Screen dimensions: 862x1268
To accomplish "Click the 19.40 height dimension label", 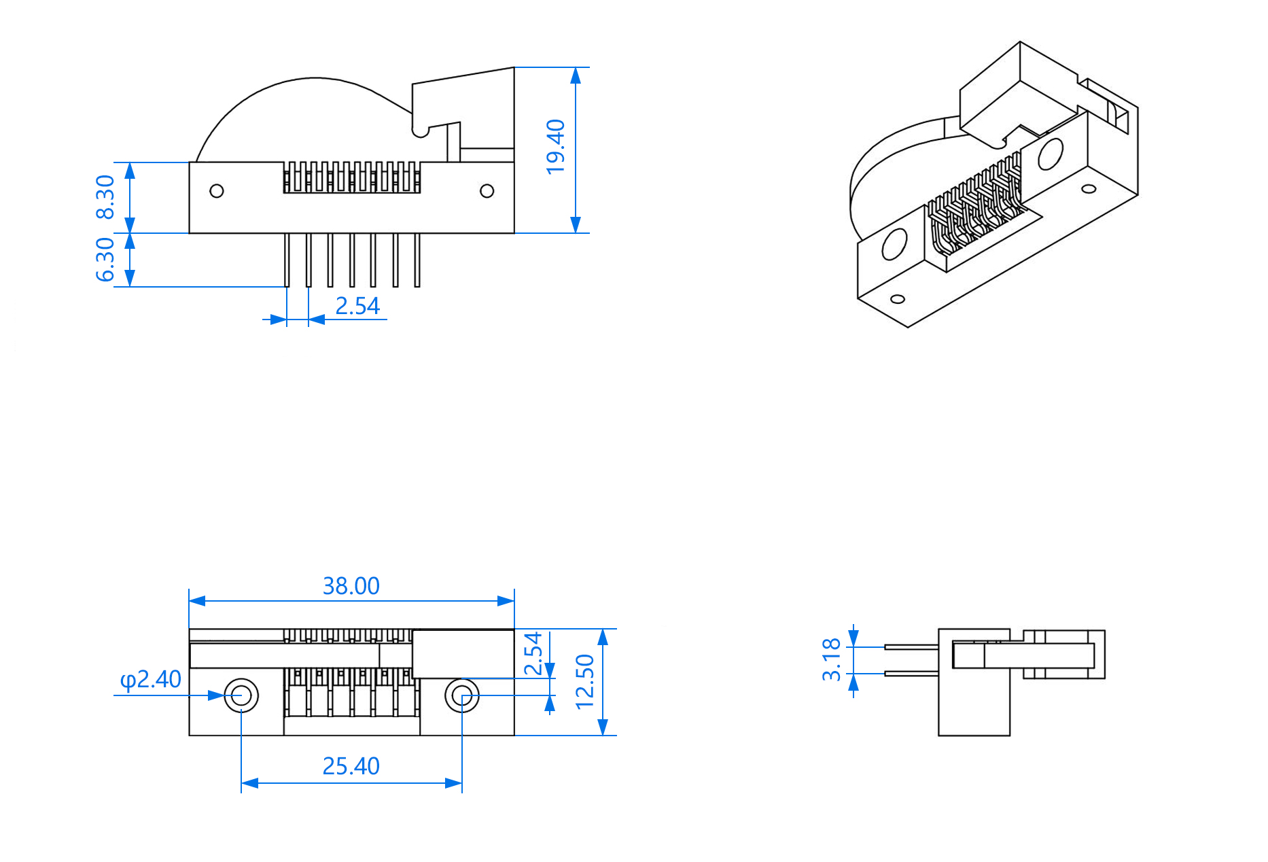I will click(x=555, y=147).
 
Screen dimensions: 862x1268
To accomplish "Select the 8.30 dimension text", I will click(x=105, y=197).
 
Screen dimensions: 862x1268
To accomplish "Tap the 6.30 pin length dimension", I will click(x=105, y=259).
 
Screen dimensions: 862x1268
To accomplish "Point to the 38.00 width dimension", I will click(x=351, y=586).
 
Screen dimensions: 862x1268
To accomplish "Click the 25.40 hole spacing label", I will click(x=351, y=766).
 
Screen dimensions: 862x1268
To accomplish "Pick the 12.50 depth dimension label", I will click(x=584, y=682).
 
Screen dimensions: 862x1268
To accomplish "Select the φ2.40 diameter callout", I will click(x=150, y=679).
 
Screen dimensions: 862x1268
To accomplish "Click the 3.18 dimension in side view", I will click(x=831, y=659).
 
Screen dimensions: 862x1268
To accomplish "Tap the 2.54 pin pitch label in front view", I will click(x=357, y=306).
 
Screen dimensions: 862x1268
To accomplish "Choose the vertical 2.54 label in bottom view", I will click(x=533, y=653).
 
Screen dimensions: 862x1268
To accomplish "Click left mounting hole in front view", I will click(x=217, y=191).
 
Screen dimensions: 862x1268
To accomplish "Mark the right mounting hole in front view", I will click(x=487, y=191).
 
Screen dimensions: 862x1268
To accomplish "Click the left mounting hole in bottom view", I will click(x=241, y=695).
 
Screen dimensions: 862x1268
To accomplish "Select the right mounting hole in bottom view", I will click(x=462, y=695).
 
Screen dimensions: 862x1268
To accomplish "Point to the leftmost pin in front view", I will click(x=287, y=260).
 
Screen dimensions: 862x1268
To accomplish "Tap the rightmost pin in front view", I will click(x=417, y=260).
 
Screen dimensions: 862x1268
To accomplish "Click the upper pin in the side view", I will click(x=911, y=646).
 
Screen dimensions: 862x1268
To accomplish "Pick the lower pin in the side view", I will click(x=911, y=674).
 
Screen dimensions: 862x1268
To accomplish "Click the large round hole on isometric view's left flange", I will click(x=894, y=245).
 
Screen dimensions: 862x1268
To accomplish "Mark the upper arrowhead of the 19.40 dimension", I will click(x=576, y=75).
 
